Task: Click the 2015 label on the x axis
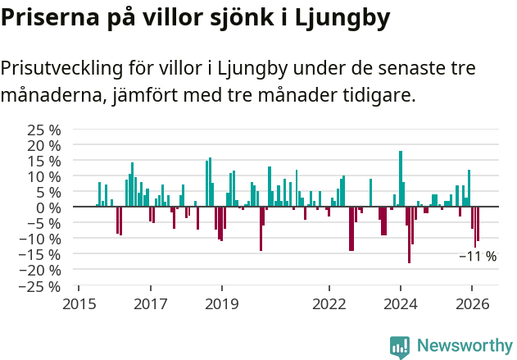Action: (79, 303)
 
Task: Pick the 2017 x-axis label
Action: (151, 303)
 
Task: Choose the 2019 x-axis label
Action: (222, 303)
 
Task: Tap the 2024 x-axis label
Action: (401, 303)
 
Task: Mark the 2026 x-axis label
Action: (473, 303)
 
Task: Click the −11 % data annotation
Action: (478, 257)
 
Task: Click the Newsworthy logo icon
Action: (400, 346)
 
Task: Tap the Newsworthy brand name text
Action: (465, 346)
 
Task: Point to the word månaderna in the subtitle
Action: (51, 96)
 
